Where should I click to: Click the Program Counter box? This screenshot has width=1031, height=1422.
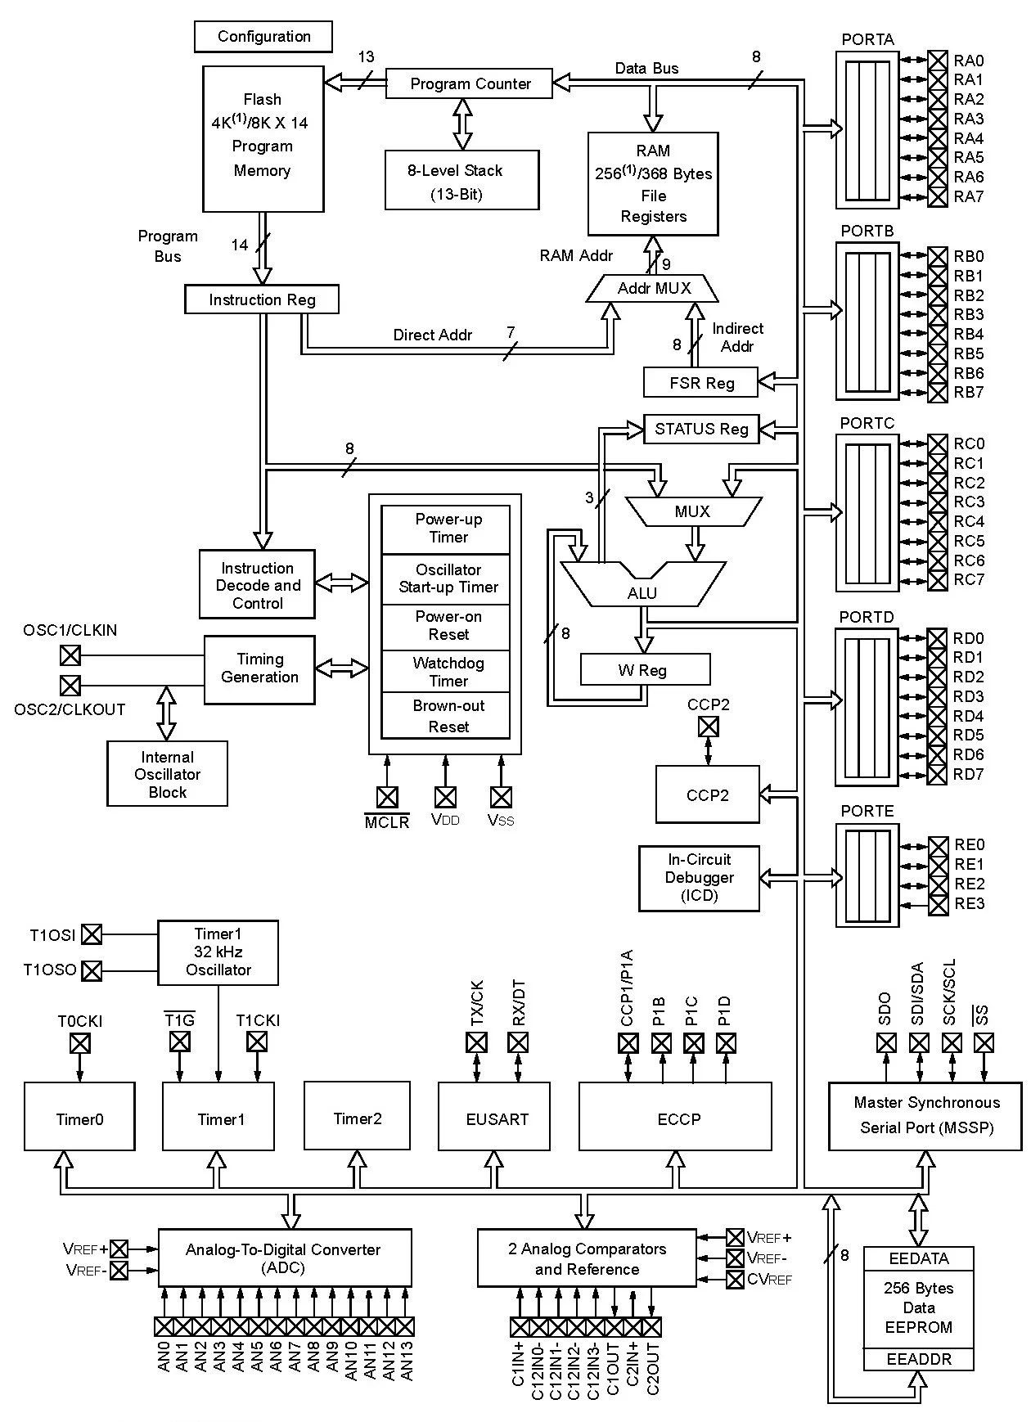[x=469, y=83]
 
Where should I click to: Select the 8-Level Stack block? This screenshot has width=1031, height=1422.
[x=461, y=181]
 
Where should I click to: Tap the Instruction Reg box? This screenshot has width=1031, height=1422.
[x=262, y=299]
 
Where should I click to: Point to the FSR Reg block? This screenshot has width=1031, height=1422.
[x=701, y=383]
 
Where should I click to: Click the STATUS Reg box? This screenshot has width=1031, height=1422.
[x=701, y=429]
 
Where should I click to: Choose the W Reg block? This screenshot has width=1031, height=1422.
[x=644, y=670]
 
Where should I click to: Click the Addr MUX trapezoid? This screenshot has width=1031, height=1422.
[x=653, y=289]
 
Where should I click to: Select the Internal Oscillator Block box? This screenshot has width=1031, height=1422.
[x=167, y=774]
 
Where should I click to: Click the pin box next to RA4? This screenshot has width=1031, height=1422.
[x=938, y=138]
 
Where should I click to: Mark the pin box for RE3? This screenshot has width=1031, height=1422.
[x=939, y=904]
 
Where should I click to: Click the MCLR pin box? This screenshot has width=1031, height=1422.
[x=387, y=797]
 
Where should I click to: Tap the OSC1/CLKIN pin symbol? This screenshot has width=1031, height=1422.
[x=71, y=655]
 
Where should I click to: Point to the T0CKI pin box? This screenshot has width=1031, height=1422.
[x=79, y=1043]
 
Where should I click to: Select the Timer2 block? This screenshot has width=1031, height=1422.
[x=357, y=1118]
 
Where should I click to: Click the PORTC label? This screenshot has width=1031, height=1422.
[x=867, y=423]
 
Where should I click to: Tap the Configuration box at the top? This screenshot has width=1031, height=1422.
[x=263, y=37]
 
